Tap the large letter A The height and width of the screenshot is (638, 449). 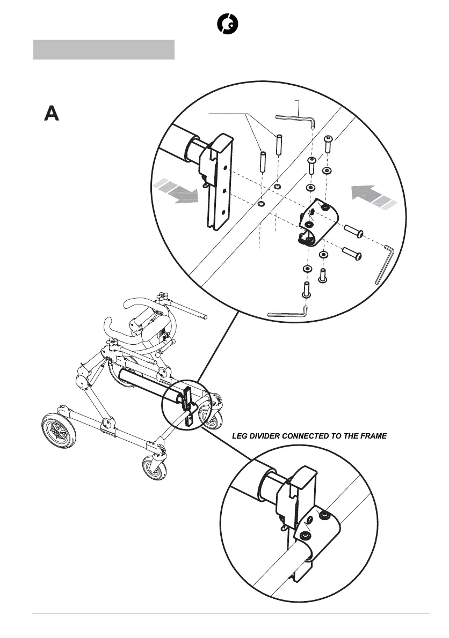(x=51, y=114)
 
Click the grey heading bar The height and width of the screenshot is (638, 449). (x=104, y=49)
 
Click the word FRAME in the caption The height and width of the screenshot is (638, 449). (x=372, y=436)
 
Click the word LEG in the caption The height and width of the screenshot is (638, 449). (x=240, y=436)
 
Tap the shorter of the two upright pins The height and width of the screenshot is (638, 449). (x=263, y=161)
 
